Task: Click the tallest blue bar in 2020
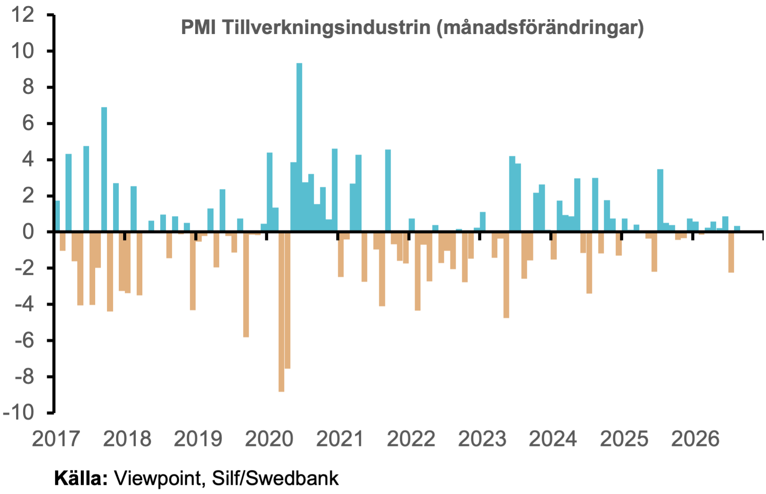(299, 147)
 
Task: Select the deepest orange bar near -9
(281, 312)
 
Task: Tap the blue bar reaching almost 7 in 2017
(104, 169)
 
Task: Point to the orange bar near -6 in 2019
(246, 285)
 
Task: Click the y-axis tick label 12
(23, 15)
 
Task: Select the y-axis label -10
(18, 413)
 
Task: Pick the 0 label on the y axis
(28, 232)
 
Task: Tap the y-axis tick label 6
(28, 123)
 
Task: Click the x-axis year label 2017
(56, 439)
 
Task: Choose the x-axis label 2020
(269, 439)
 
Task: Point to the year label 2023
(482, 439)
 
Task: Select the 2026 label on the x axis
(695, 439)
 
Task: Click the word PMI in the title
(199, 27)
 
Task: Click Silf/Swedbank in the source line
(275, 478)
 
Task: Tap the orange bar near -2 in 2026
(731, 252)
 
